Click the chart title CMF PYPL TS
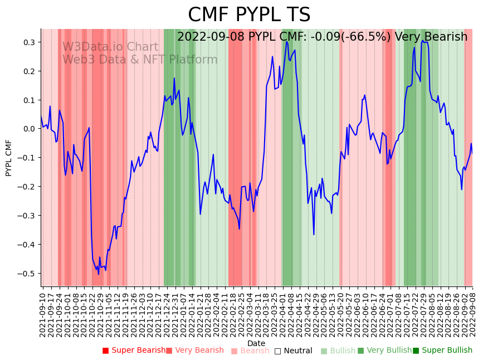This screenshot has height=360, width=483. (249, 15)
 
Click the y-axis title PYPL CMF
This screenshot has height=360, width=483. (8, 158)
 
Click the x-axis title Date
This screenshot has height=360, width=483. (256, 343)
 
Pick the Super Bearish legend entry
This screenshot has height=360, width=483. (134, 351)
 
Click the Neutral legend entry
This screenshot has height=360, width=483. (293, 351)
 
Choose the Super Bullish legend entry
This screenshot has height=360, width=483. (442, 351)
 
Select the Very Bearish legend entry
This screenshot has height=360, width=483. (194, 351)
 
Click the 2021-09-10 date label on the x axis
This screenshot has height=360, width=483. (43, 313)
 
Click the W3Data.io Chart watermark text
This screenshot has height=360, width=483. (110, 47)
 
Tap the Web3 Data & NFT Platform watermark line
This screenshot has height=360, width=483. (140, 60)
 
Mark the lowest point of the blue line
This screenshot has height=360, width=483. (99, 274)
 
